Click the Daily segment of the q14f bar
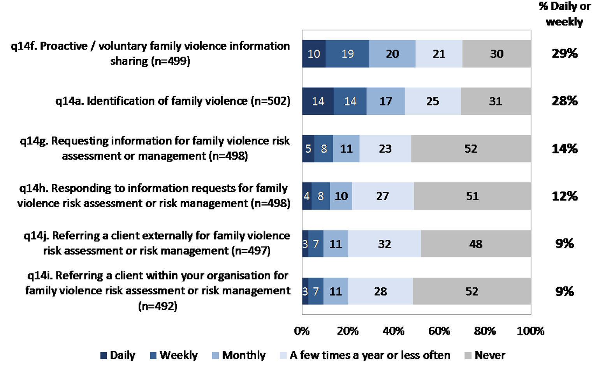pyautogui.click(x=314, y=54)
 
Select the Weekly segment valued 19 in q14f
pyautogui.click(x=347, y=54)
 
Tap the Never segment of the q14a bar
pyautogui.click(x=496, y=101)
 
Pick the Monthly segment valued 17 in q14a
pyautogui.click(x=385, y=101)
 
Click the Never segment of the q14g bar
pyautogui.click(x=471, y=149)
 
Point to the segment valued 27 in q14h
pyautogui.click(x=383, y=196)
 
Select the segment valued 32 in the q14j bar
pyautogui.click(x=384, y=244)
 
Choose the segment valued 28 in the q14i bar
pyautogui.click(x=380, y=291)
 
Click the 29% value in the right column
pyautogui.click(x=565, y=53)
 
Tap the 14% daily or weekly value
pyautogui.click(x=565, y=149)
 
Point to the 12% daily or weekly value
pyautogui.click(x=565, y=196)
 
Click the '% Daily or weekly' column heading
pyautogui.click(x=565, y=14)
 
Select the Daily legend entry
pyautogui.click(x=118, y=355)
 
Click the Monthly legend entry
pyautogui.click(x=239, y=355)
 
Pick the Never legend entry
pyautogui.click(x=485, y=355)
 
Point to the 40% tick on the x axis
pyautogui.click(x=393, y=331)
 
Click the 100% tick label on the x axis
pyautogui.click(x=530, y=331)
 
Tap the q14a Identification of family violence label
pyautogui.click(x=173, y=101)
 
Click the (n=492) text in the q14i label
pyautogui.click(x=158, y=306)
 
